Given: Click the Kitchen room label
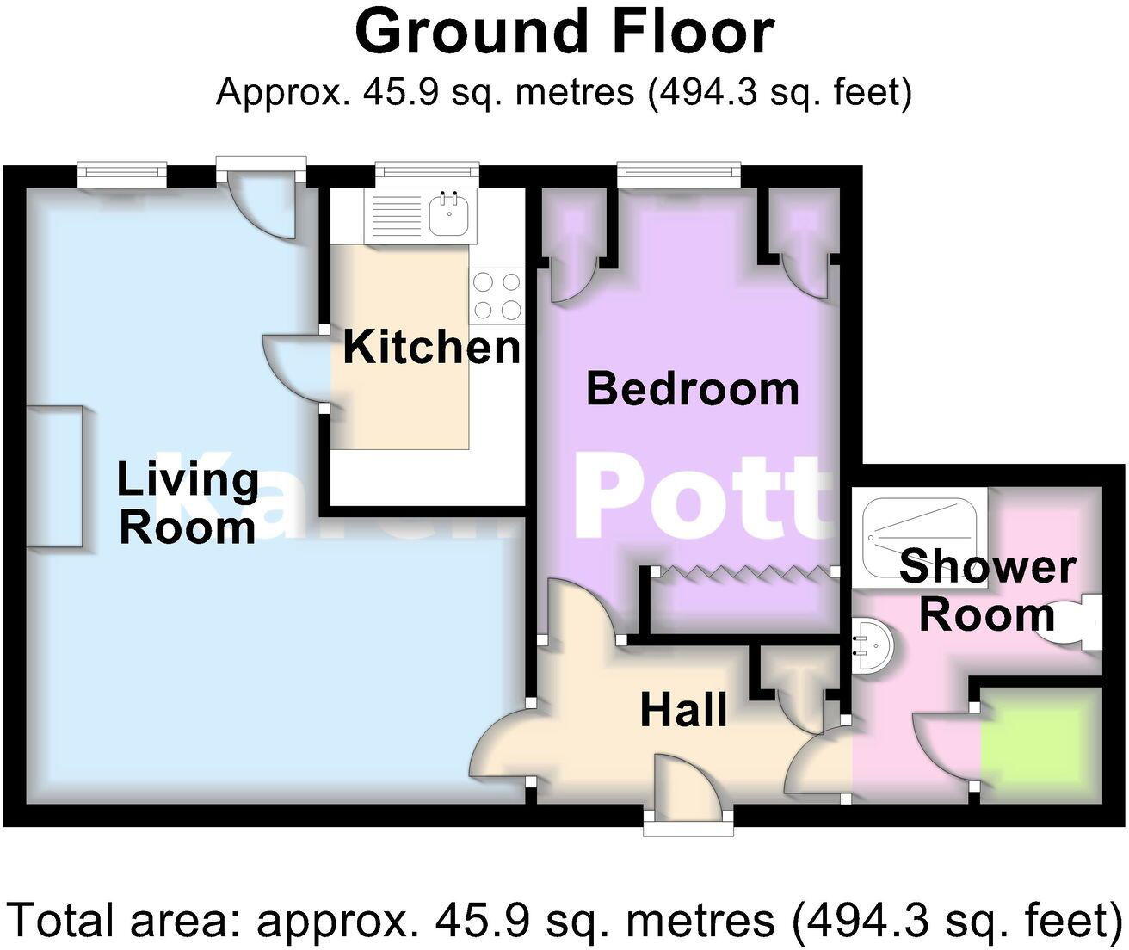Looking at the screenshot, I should pos(431,348).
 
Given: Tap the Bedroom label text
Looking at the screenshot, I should pos(693,389).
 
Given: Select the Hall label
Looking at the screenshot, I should pos(684,711).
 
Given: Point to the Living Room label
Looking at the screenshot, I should pos(188,503).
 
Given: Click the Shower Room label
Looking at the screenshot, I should pos(987,591).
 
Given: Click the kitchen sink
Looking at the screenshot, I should pos(448,214).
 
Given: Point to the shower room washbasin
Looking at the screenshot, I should pos(873,645).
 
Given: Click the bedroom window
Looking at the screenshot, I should pos(679,175).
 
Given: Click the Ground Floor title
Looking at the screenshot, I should pos(564,32).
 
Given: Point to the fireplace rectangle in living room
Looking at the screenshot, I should pos(54,476).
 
